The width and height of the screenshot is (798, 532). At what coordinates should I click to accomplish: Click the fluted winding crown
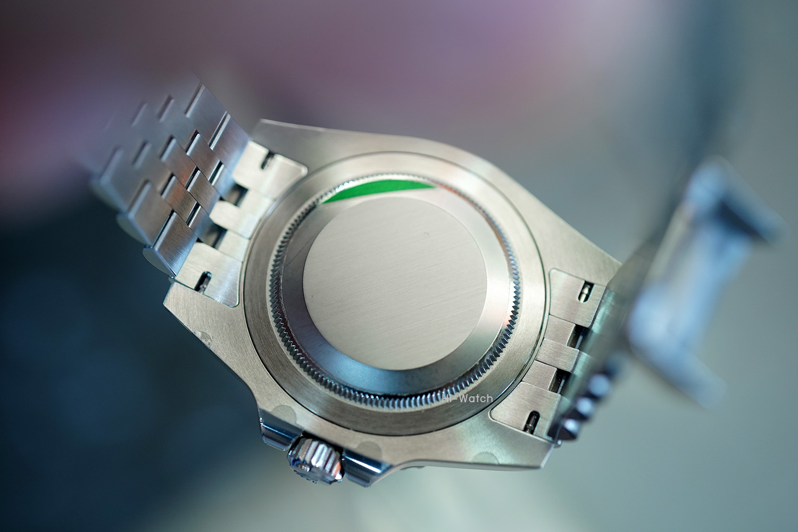(x=316, y=460)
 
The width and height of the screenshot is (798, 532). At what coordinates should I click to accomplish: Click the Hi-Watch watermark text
(x=467, y=398)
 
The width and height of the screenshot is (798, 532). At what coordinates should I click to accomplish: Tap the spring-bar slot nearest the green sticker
(x=267, y=160)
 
